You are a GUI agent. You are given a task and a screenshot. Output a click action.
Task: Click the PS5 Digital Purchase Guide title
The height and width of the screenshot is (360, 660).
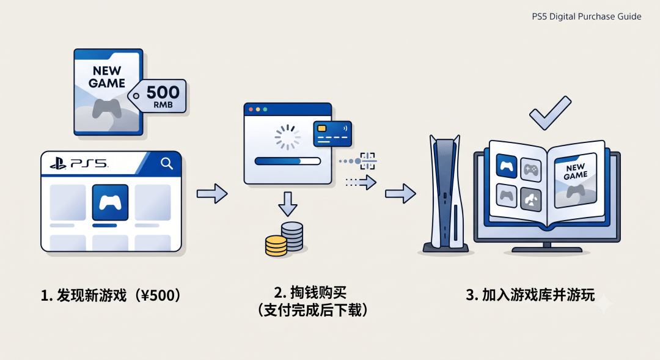tap(586, 17)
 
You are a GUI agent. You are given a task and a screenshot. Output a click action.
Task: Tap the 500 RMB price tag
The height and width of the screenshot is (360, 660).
tap(158, 96)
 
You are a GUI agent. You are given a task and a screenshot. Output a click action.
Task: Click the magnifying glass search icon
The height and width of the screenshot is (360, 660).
tap(167, 163)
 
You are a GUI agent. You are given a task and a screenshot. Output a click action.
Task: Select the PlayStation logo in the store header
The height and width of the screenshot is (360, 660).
tap(57, 163)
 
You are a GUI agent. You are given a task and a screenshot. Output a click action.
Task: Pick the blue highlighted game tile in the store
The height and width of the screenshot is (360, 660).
tap(110, 202)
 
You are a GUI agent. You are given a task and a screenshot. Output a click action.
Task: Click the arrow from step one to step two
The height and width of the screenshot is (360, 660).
tap(212, 194)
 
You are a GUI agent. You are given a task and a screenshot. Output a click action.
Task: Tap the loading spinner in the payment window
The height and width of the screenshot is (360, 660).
tap(287, 137)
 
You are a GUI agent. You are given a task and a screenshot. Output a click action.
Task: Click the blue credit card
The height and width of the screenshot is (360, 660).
tap(332, 134)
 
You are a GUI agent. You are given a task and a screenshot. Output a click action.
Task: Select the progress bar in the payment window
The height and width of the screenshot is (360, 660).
tap(287, 161)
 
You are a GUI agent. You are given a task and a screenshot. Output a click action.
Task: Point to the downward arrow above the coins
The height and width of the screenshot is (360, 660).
tap(288, 204)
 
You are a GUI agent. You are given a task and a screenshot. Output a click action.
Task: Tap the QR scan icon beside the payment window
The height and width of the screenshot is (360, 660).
tap(367, 161)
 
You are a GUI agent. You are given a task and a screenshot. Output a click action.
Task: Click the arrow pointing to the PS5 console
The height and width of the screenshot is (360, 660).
tap(400, 194)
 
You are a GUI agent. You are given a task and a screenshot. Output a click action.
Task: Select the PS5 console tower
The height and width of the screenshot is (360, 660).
tap(446, 194)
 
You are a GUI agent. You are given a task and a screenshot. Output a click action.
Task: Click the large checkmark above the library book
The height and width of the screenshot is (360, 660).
tap(550, 113)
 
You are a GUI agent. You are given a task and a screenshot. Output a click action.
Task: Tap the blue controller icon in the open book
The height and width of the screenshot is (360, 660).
tap(507, 166)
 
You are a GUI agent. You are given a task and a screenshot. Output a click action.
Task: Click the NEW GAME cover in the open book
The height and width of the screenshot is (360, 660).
tap(576, 181)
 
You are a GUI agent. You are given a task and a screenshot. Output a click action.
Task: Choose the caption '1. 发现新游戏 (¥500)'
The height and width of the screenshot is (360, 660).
tap(111, 295)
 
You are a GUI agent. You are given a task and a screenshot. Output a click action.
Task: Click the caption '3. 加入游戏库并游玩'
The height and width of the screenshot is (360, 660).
tap(530, 295)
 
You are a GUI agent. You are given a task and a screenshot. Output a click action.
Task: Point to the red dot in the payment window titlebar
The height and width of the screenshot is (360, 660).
tap(251, 109)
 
